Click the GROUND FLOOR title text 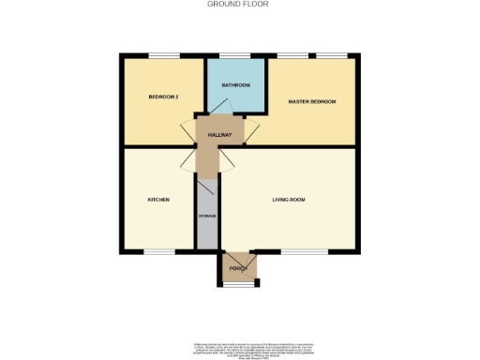pos(239,4)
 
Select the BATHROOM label pos(235,85)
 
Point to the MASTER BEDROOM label pos(311,101)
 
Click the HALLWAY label pos(219,136)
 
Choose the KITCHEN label pos(157,200)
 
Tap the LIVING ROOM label pos(289,200)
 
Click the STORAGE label pos(207,217)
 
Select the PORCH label pos(237,267)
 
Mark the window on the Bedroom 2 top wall pos(164,54)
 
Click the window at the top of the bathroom pos(233,54)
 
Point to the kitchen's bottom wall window pos(158,251)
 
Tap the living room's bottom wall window pos(298,251)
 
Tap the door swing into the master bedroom pos(251,131)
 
